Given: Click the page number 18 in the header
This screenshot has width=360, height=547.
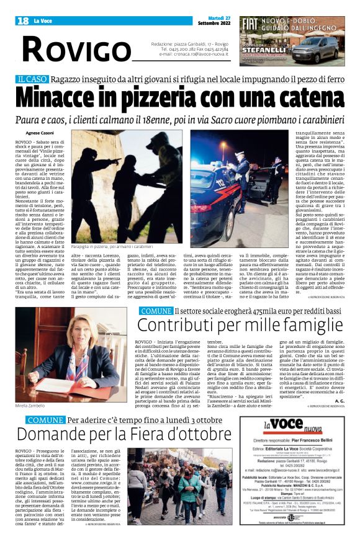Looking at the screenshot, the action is [23, 21].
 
